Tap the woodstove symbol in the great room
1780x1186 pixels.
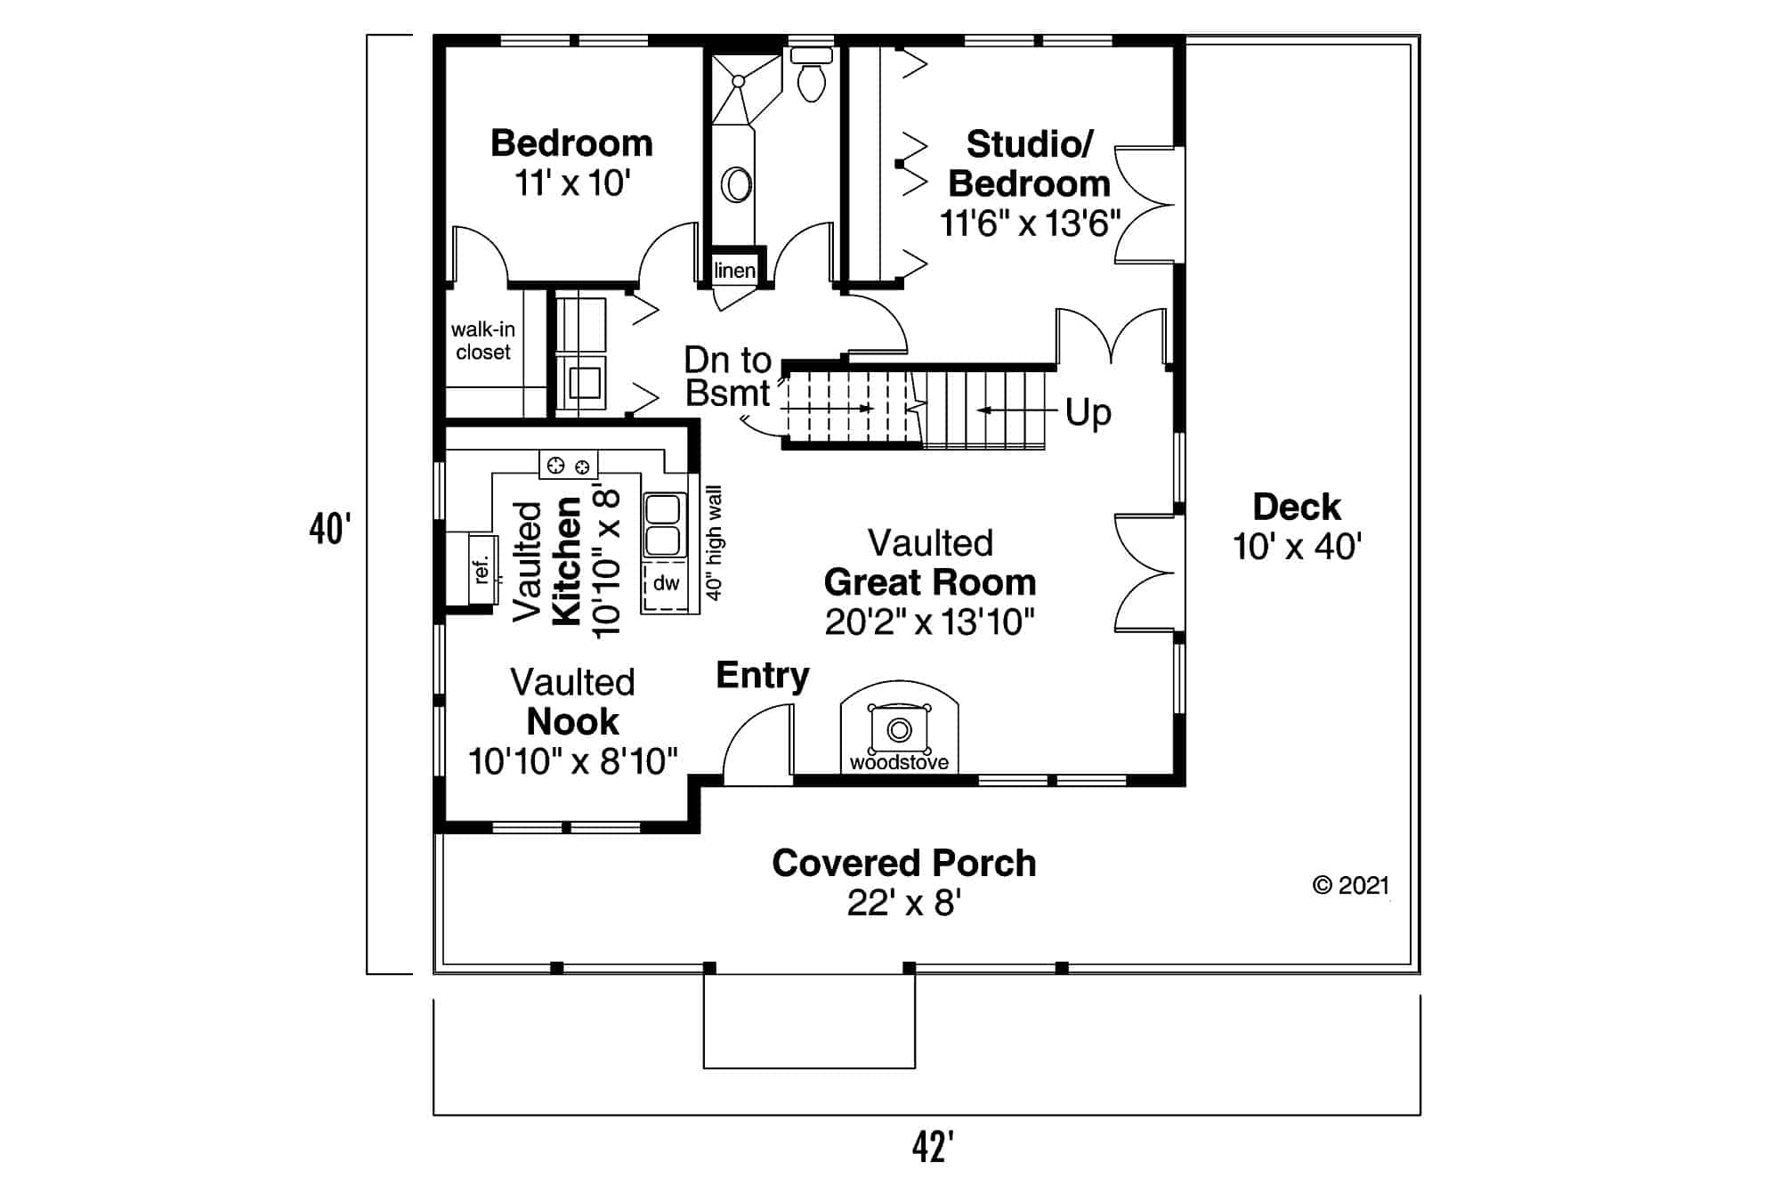(x=899, y=731)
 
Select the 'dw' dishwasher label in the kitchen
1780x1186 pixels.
(x=666, y=583)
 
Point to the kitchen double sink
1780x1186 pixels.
(x=664, y=525)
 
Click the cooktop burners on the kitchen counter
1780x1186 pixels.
(x=569, y=465)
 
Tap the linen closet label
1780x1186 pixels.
(x=734, y=271)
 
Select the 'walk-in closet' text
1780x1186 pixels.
(x=482, y=340)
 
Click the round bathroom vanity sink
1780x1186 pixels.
(x=736, y=185)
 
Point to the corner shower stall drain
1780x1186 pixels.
(x=738, y=81)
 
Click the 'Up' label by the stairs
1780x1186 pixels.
(x=1088, y=412)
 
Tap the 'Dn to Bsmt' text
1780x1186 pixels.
(x=727, y=377)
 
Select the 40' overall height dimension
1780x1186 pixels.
(x=330, y=529)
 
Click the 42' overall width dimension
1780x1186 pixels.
(x=933, y=1147)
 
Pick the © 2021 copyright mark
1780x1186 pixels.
(x=1350, y=885)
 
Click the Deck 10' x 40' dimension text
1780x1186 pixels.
(x=1297, y=547)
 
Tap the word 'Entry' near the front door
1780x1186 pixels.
(x=763, y=675)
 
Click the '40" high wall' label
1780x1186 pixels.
(x=714, y=542)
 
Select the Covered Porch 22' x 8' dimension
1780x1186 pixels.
(x=903, y=903)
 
